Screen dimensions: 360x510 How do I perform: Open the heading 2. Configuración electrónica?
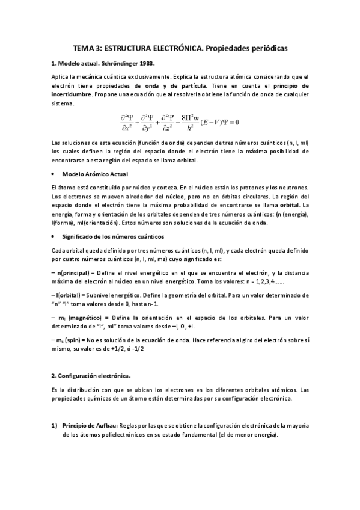(91, 375)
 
